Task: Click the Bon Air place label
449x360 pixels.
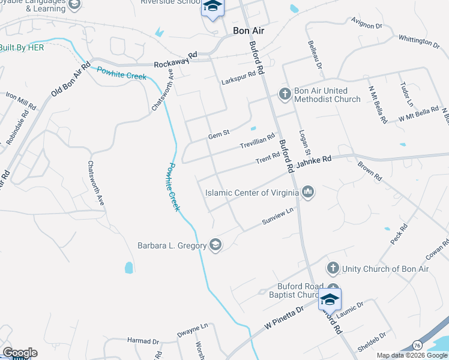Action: point(249,30)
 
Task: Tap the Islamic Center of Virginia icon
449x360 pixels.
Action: point(309,193)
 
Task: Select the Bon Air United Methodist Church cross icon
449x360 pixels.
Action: point(285,94)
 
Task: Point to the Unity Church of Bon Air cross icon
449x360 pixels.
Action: point(333,268)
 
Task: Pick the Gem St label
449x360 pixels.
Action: point(218,135)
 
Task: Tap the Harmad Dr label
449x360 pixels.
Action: point(143,341)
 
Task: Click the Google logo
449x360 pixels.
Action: point(19,353)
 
